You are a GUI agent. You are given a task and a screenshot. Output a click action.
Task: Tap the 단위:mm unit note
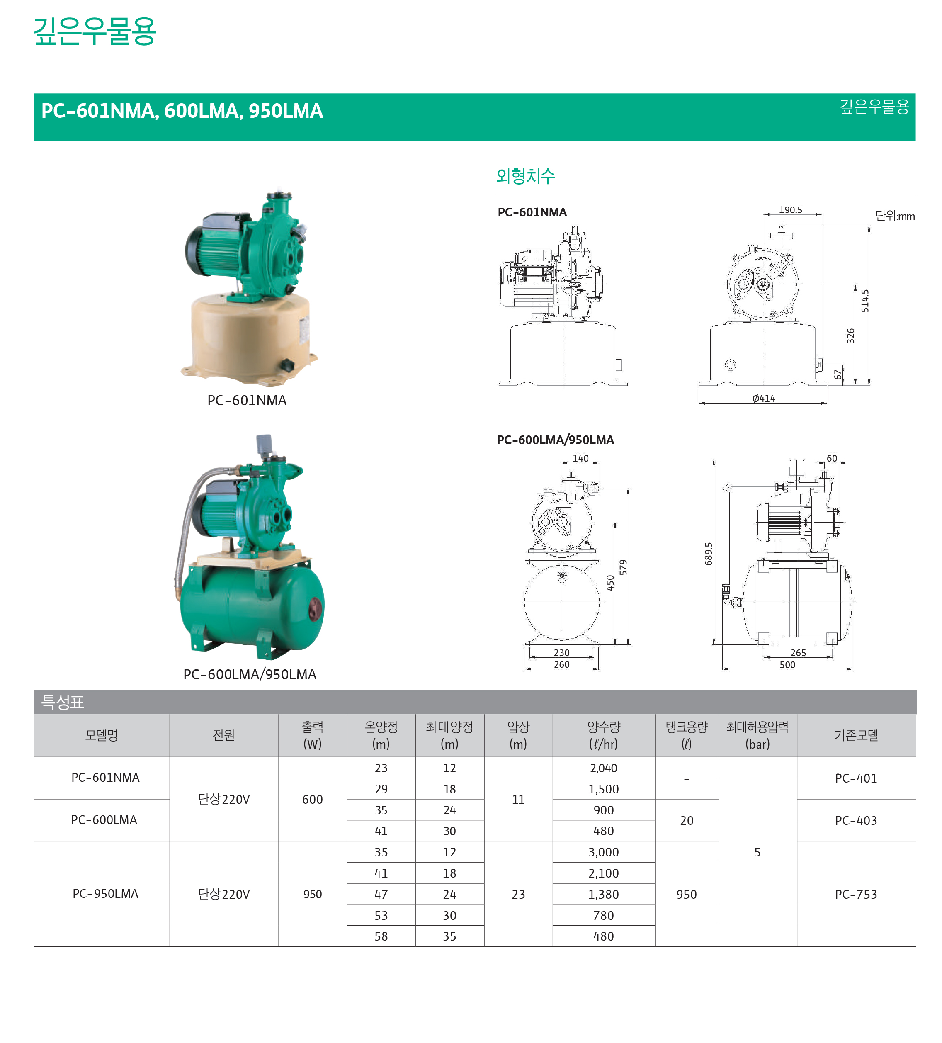click(x=894, y=216)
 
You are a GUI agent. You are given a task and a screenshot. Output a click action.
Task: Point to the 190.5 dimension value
click(x=790, y=209)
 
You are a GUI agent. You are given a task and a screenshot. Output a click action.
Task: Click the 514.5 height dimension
click(x=864, y=300)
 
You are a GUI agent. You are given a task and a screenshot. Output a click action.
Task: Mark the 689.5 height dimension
click(x=708, y=553)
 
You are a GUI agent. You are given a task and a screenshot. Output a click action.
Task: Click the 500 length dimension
click(x=787, y=664)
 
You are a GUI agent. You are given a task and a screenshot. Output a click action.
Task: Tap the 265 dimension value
click(x=798, y=652)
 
